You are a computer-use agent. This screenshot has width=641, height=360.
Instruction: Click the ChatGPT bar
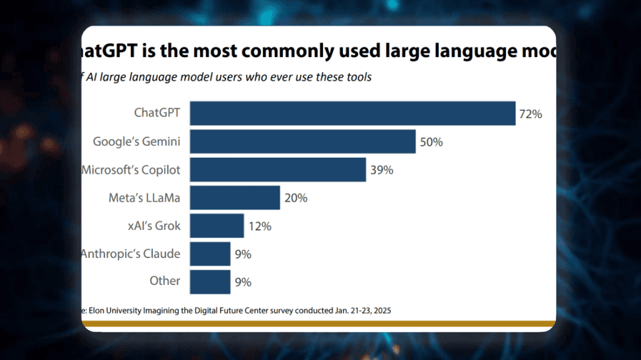[x=352, y=113]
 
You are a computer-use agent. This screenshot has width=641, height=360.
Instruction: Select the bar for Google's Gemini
[x=302, y=141]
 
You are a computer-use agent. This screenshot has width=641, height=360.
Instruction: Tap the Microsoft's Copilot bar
[x=277, y=170]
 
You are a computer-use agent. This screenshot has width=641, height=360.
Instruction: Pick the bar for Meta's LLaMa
[x=235, y=198]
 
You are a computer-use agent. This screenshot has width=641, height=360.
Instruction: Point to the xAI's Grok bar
[x=217, y=226]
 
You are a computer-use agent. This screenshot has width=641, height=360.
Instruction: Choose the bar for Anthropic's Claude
[x=210, y=254]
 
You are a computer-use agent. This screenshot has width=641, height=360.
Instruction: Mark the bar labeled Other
[x=210, y=282]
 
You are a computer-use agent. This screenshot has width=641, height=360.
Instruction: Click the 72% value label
[x=530, y=114]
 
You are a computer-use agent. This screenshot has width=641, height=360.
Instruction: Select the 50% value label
[x=431, y=142]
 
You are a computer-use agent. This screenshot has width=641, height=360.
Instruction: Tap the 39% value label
[x=381, y=170]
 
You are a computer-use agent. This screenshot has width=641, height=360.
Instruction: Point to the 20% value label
[x=295, y=198]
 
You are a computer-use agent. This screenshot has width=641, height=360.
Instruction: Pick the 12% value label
[x=259, y=227]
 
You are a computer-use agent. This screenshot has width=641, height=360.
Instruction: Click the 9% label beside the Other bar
[x=243, y=282]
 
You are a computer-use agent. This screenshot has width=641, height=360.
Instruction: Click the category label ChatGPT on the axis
[x=157, y=113]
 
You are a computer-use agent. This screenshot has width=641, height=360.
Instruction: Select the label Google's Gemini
[x=136, y=141]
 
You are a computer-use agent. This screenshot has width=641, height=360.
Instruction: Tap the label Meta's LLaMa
[x=144, y=198]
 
